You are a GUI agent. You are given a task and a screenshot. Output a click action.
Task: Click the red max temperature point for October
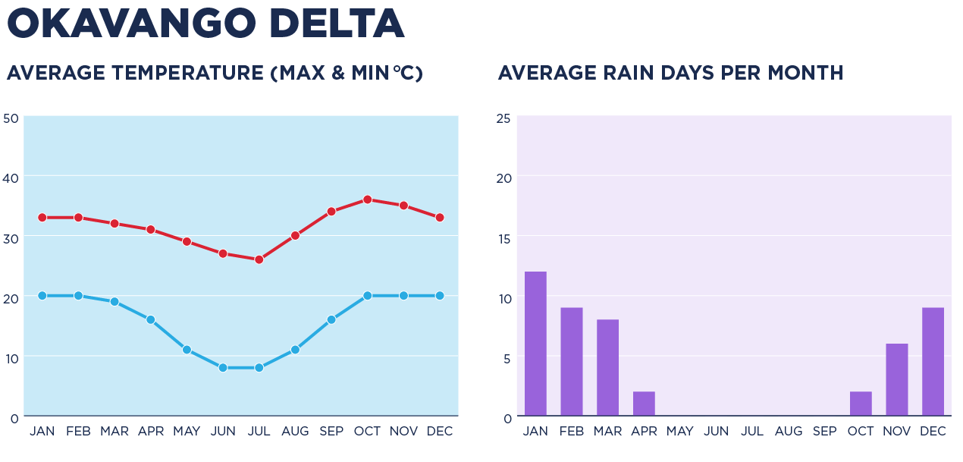click(367, 200)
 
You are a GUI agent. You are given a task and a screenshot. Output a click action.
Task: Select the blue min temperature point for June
click(223, 368)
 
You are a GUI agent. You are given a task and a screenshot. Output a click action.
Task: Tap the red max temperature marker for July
click(259, 259)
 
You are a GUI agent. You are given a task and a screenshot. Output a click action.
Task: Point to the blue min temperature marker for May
click(187, 350)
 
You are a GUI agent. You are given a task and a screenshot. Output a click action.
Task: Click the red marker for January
click(42, 218)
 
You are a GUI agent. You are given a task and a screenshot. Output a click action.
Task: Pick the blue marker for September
click(331, 320)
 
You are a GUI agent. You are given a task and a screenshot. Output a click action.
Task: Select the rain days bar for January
click(535, 344)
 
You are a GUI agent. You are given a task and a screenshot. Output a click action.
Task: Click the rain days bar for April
click(644, 404)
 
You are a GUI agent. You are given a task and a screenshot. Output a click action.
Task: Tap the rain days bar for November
click(897, 379)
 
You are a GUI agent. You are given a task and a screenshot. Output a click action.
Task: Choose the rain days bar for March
click(607, 367)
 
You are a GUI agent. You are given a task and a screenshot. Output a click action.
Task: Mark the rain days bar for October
click(861, 404)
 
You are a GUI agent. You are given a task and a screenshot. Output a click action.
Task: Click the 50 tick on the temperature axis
click(11, 118)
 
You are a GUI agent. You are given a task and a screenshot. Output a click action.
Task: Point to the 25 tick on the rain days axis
click(503, 118)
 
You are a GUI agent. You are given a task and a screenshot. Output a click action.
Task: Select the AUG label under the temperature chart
click(295, 432)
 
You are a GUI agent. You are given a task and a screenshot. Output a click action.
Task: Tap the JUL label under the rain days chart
click(752, 432)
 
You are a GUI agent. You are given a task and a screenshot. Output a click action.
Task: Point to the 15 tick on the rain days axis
click(503, 238)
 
